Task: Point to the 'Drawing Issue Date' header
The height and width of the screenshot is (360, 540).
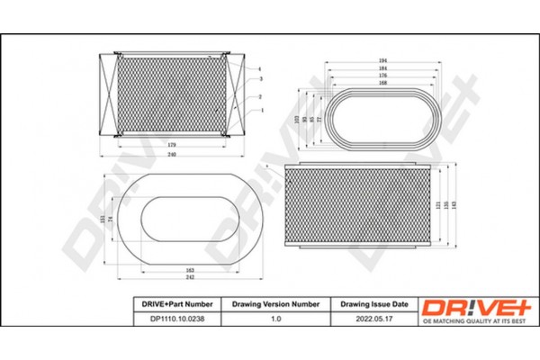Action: point(374,304)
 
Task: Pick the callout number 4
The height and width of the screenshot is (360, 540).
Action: point(259,68)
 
